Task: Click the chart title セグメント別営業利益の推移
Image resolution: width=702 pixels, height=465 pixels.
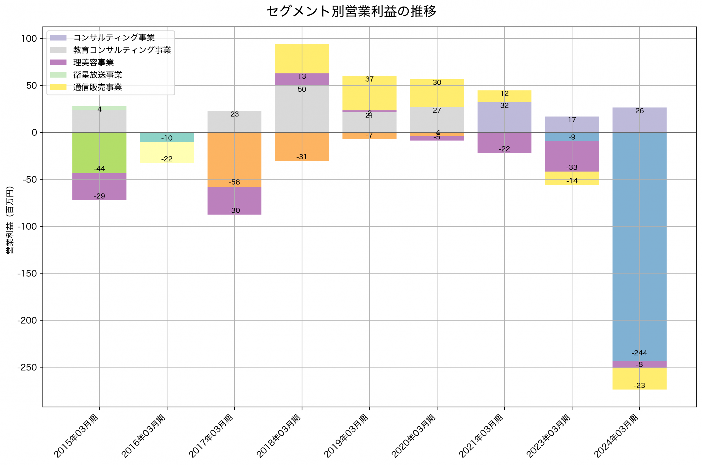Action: pyautogui.click(x=351, y=12)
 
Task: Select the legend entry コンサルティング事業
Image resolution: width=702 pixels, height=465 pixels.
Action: pyautogui.click(x=114, y=38)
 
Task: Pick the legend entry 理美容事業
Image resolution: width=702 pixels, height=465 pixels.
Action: pyautogui.click(x=94, y=62)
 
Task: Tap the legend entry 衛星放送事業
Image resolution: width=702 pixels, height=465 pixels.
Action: pyautogui.click(x=98, y=75)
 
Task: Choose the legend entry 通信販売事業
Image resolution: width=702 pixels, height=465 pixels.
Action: pyautogui.click(x=98, y=87)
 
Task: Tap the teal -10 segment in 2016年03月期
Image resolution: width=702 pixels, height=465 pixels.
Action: pyautogui.click(x=167, y=137)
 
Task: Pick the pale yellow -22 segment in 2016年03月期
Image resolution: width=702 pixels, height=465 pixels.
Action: pyautogui.click(x=167, y=152)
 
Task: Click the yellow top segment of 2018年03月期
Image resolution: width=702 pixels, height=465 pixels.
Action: pyautogui.click(x=302, y=58)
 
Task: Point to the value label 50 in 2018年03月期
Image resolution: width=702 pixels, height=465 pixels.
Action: pyautogui.click(x=302, y=90)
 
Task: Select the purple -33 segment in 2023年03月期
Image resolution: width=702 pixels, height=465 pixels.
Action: pyautogui.click(x=572, y=156)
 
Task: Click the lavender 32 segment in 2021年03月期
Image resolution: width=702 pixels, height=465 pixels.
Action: pyautogui.click(x=504, y=117)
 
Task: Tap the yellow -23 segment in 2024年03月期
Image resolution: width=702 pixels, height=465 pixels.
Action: pyautogui.click(x=639, y=379)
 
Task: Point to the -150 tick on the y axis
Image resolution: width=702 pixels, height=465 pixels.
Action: pyautogui.click(x=27, y=273)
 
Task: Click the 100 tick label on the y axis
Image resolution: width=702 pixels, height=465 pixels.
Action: pyautogui.click(x=29, y=39)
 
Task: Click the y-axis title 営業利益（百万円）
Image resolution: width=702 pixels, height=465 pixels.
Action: pyautogui.click(x=10, y=220)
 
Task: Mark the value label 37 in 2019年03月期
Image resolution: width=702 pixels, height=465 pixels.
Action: pyautogui.click(x=369, y=79)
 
